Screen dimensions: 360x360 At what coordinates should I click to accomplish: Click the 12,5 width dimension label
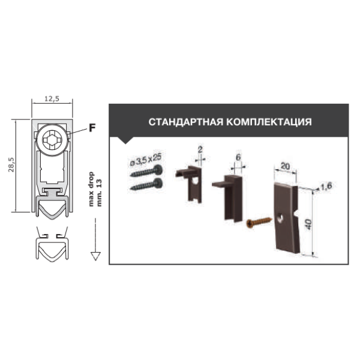point(52,99)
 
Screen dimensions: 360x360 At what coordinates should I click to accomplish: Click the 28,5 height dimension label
point(11,165)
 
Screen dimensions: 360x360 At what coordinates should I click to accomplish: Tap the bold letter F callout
point(92,128)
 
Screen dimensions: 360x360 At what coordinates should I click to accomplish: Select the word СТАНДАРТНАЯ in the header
point(186,122)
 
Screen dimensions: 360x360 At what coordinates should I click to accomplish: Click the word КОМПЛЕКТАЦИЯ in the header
point(269,122)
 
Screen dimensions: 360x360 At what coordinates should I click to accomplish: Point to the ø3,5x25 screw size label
point(146,160)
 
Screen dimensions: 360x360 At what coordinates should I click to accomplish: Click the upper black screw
point(146,171)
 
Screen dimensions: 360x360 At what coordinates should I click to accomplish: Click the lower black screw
point(146,184)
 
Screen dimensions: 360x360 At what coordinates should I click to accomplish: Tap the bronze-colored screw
point(259,222)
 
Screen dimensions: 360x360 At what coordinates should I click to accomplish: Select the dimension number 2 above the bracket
point(200,149)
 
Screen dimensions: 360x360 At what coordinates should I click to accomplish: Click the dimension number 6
point(238,157)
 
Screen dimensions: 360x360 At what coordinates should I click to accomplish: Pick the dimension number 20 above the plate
point(285,166)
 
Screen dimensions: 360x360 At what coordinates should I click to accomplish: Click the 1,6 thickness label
point(326,186)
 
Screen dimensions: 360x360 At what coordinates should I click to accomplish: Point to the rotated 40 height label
point(309,224)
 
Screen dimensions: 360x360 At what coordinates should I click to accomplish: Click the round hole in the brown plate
point(280,218)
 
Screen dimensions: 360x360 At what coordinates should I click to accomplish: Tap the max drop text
point(91,189)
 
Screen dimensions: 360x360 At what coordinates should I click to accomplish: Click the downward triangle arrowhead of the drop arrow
point(95,256)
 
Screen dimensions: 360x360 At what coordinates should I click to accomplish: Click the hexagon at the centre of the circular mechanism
point(52,139)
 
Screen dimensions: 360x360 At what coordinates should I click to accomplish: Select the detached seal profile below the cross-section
point(52,244)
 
